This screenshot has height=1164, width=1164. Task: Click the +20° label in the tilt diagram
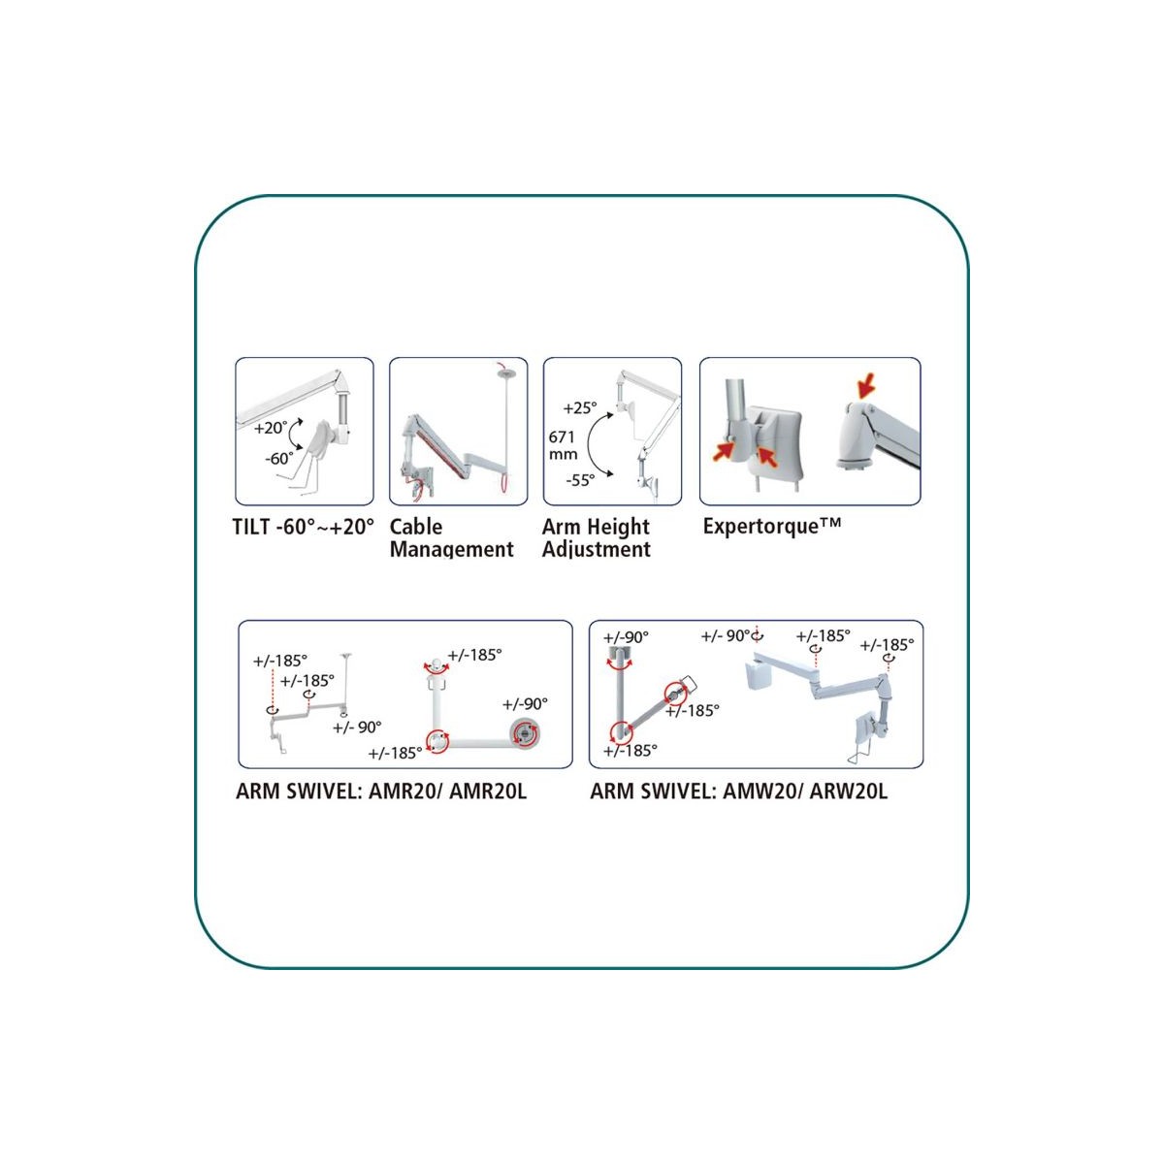270,428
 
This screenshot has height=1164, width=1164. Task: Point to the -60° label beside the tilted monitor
279,459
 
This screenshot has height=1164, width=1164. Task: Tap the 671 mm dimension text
563,445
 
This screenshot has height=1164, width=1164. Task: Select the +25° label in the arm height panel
579,407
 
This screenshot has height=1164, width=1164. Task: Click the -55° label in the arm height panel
580,480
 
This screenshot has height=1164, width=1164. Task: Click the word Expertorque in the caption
760,526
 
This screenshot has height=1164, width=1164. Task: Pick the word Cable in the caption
416,526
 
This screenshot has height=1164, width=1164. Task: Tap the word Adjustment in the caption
597,549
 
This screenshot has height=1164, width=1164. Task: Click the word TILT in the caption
250,527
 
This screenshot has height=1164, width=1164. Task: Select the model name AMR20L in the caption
488,792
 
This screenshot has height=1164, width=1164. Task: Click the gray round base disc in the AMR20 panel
525,733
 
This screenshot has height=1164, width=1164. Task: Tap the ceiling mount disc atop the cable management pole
505,374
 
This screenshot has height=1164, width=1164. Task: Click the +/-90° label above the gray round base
525,703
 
